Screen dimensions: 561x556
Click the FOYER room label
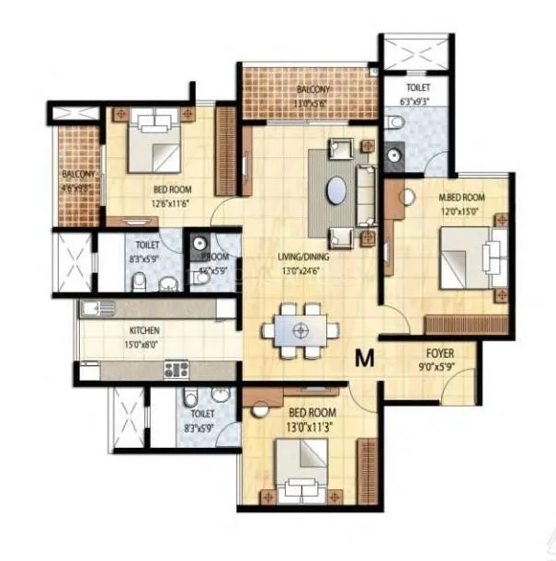(439, 352)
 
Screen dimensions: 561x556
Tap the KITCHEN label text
(145, 330)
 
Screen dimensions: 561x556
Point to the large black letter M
(364, 359)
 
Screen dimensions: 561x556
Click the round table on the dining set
(297, 329)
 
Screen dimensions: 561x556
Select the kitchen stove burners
(176, 370)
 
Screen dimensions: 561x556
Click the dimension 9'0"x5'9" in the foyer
(439, 366)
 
